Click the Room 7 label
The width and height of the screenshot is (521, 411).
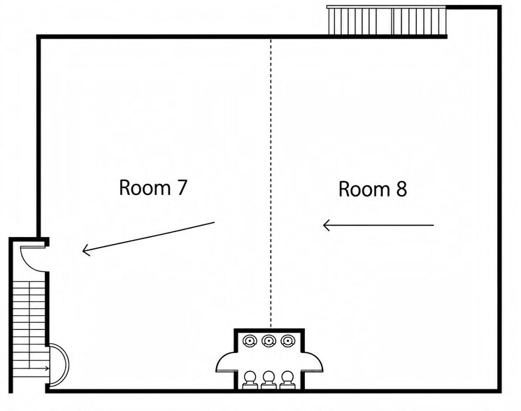coord(153,187)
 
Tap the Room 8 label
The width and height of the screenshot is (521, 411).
coord(373,189)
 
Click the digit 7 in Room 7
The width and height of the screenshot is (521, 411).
coord(182,187)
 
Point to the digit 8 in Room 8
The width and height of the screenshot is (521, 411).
coord(401,189)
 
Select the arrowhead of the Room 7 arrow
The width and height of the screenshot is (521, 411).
coord(85,251)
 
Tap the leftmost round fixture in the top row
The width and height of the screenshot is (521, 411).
coord(250,340)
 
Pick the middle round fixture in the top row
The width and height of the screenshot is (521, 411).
coord(269,340)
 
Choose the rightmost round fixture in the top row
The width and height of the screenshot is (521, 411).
coord(287,340)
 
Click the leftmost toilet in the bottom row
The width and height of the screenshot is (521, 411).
coord(250,380)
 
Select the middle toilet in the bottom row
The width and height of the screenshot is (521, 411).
coord(269,380)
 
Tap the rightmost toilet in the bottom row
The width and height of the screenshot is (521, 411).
coord(287,380)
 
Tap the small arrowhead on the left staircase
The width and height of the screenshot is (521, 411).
coord(48,368)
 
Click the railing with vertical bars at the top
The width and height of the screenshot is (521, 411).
coord(387,20)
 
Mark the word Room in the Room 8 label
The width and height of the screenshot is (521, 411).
coord(364,189)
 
